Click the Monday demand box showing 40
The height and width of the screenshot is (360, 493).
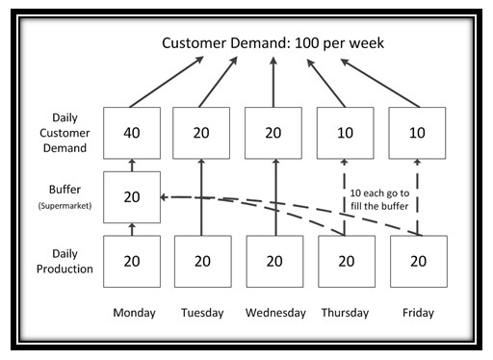[133, 133]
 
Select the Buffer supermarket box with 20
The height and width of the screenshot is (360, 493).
[133, 196]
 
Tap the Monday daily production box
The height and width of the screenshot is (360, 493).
[133, 260]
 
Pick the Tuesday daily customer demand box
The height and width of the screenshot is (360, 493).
[201, 133]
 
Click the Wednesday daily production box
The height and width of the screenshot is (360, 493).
[274, 260]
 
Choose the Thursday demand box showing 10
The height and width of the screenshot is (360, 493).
[345, 133]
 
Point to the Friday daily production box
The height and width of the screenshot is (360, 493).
[418, 260]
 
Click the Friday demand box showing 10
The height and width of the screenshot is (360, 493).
[418, 133]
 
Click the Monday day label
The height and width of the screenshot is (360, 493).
[134, 313]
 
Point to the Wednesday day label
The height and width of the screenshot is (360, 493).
[274, 313]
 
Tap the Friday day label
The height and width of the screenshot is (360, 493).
[418, 313]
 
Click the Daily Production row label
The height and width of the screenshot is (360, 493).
[73, 260]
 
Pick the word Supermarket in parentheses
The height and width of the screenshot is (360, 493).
[73, 205]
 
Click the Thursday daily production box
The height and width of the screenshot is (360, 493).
[345, 260]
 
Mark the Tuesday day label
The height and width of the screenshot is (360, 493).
[202, 313]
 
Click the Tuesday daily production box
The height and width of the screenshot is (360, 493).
[201, 260]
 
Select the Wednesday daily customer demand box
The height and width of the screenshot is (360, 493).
[274, 133]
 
